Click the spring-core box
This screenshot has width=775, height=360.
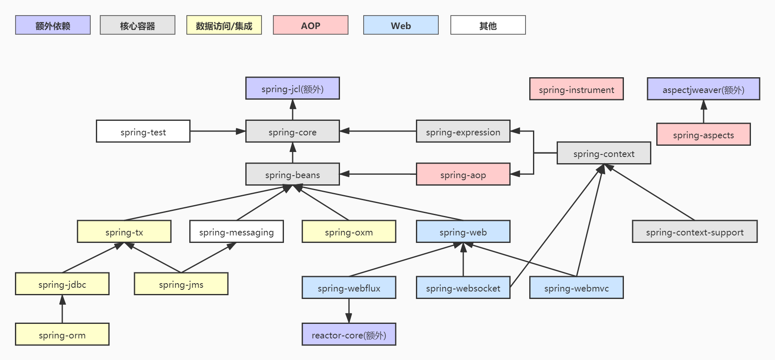[293, 131]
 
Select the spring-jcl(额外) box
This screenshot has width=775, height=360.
[293, 88]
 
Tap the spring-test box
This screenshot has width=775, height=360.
[143, 131]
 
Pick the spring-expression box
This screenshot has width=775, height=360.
[463, 131]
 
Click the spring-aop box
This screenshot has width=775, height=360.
[463, 174]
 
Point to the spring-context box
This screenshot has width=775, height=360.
[604, 153]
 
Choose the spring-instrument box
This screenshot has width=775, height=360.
[577, 89]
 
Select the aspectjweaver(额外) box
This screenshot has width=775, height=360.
[704, 89]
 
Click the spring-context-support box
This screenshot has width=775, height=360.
[695, 231]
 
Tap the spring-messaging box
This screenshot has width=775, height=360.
[237, 231]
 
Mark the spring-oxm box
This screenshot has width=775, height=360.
[349, 231]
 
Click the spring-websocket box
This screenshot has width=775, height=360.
[463, 287]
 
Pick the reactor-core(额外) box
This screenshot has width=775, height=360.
[349, 334]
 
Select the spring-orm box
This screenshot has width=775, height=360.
[62, 334]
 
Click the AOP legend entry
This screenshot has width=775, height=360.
[310, 25]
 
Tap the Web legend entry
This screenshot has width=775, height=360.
[401, 25]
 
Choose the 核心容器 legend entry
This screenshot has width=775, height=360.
[137, 25]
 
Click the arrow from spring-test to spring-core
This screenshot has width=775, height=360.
[218, 131]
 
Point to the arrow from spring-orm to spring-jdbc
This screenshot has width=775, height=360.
[62, 309]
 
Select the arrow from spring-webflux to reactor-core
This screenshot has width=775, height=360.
[349, 311]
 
